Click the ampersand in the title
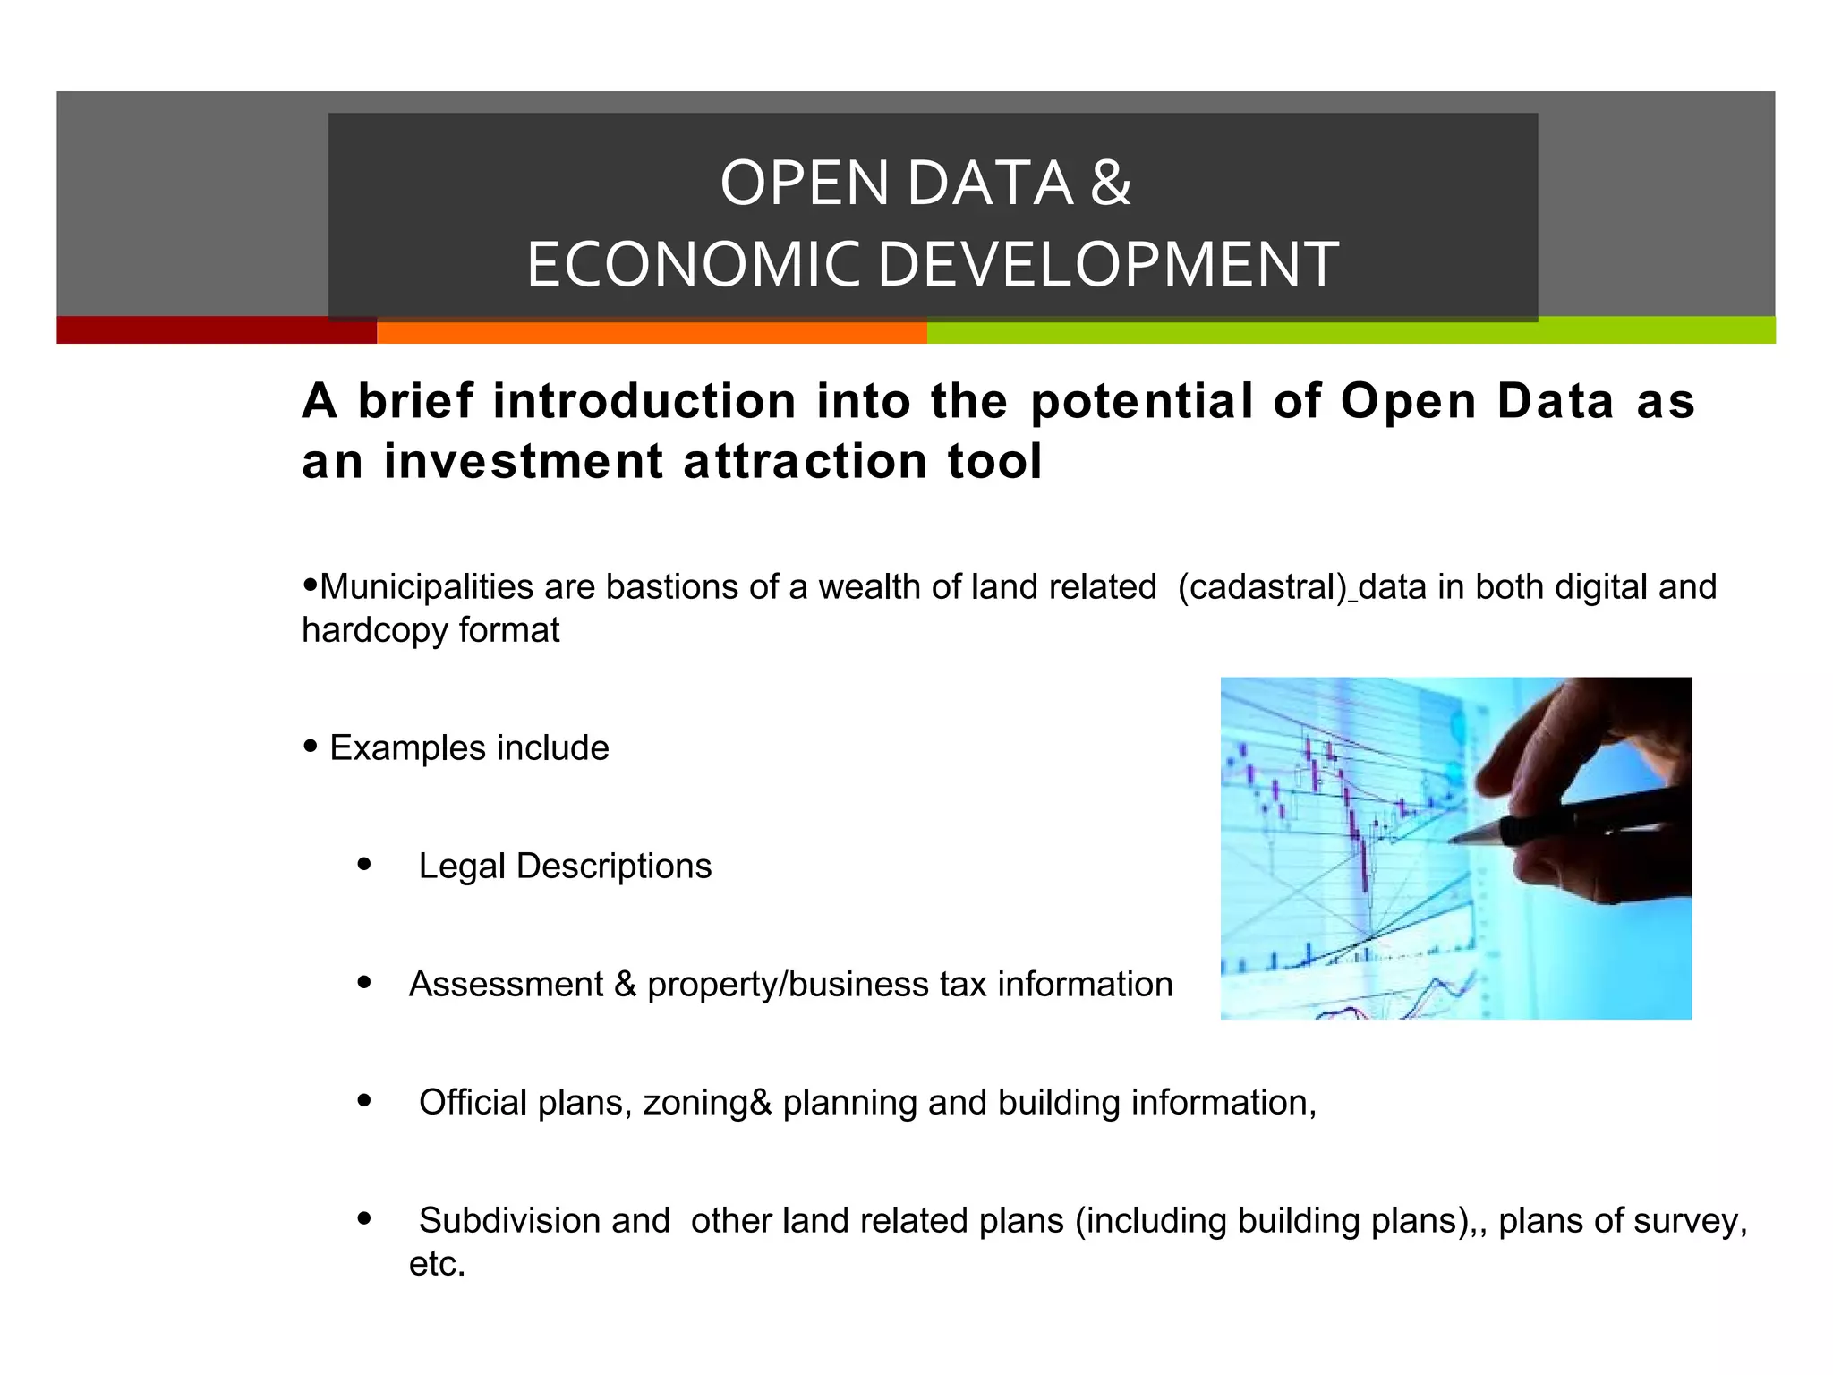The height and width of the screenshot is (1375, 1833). click(x=1111, y=183)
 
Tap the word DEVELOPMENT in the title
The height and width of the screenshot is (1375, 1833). click(x=1107, y=265)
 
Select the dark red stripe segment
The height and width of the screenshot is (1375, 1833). click(x=216, y=330)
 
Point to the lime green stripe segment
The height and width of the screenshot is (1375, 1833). click(x=1351, y=330)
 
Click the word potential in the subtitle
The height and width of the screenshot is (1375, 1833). click(x=1142, y=401)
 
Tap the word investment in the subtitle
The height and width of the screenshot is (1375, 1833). click(x=523, y=462)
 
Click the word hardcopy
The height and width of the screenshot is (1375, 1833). click(x=375, y=630)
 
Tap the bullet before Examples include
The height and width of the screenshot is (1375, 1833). click(x=311, y=746)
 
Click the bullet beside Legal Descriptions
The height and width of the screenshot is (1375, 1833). click(x=363, y=864)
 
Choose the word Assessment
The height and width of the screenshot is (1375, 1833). click(x=506, y=985)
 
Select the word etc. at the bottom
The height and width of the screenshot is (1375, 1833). click(x=437, y=1264)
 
